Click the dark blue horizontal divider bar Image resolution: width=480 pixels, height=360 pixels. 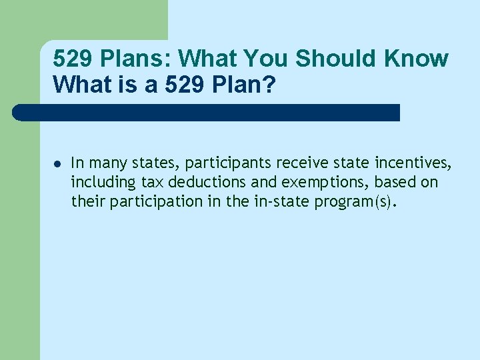click(207, 112)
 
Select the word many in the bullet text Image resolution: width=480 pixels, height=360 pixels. click(105, 162)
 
